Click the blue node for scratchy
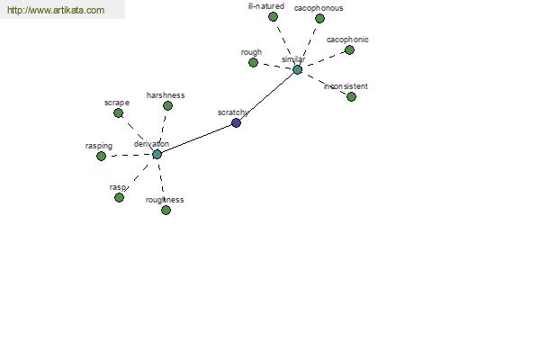tap(236, 122)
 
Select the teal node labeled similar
tap(298, 70)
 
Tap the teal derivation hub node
tap(157, 154)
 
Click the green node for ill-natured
tap(273, 16)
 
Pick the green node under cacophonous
tap(319, 18)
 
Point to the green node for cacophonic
tap(349, 50)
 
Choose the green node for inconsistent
tap(351, 97)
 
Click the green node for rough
tap(253, 63)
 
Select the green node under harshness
tap(167, 106)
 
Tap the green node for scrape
tap(118, 113)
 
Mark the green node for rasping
tap(101, 157)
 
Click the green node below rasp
tap(119, 198)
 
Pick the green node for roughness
tap(166, 210)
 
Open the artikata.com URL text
tap(56, 10)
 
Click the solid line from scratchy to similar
tap(267, 96)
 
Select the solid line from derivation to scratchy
tap(196, 139)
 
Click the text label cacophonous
tap(319, 8)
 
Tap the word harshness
tap(166, 95)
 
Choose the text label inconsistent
tap(346, 86)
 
